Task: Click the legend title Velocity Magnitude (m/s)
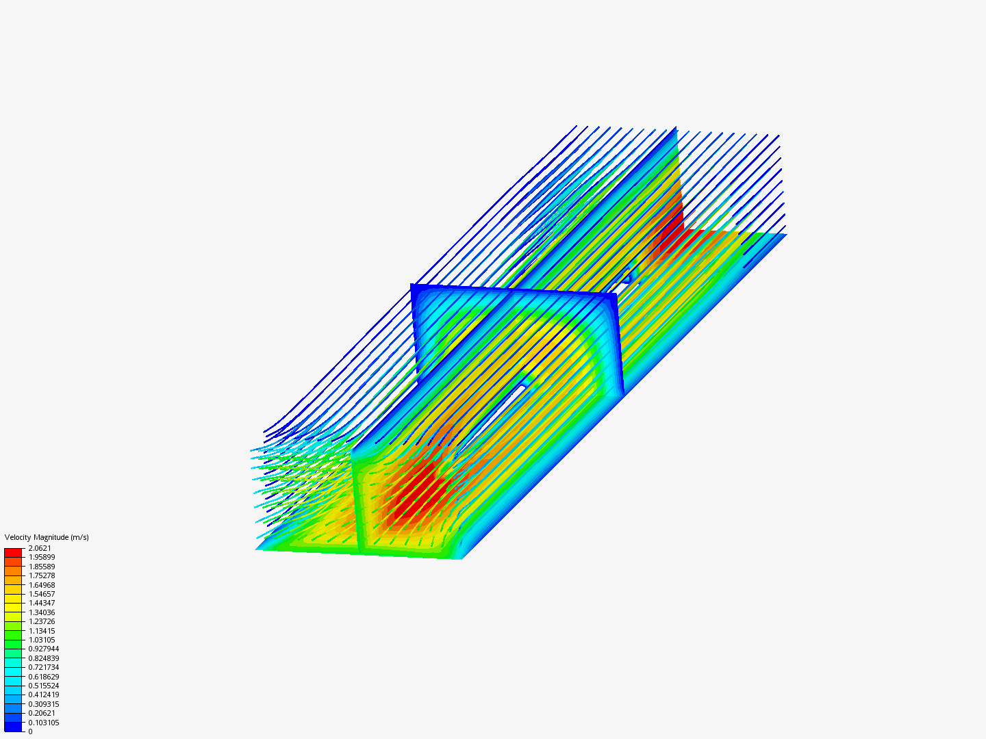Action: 47,537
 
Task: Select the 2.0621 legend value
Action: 40,548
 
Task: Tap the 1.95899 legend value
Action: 42,557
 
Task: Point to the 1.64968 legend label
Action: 42,585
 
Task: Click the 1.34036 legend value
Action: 42,612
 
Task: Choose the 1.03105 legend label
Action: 42,640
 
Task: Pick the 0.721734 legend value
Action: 44,667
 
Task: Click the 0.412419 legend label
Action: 44,695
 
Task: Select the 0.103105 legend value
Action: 44,723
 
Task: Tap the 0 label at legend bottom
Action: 30,731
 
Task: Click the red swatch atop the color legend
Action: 13,552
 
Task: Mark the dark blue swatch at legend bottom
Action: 13,727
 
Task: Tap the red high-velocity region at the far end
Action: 668,239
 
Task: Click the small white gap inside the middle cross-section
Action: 522,388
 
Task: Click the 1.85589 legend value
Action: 42,567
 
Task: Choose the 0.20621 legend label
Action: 42,713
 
